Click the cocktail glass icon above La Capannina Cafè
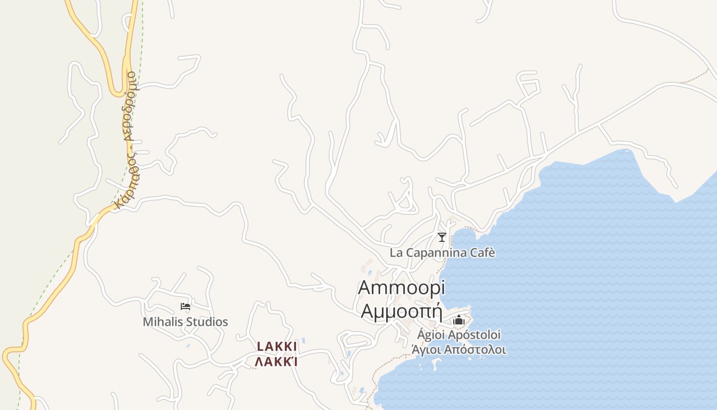coord(441,237)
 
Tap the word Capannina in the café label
coord(434,253)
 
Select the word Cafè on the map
coord(481,253)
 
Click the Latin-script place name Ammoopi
coord(402,288)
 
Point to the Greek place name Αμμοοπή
coord(402,311)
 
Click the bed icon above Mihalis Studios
coord(185,307)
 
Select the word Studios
coord(207,322)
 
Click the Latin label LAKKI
coord(277,347)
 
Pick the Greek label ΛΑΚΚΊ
coord(277,362)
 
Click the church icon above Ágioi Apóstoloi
coord(458,321)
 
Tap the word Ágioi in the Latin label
coord(431,335)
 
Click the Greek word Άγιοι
coord(426,350)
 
